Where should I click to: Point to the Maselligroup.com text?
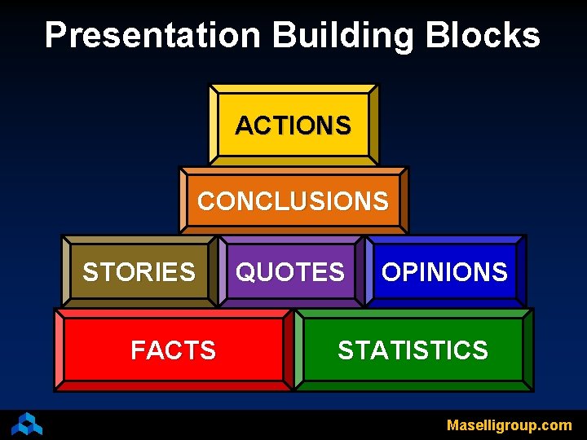[x=509, y=425]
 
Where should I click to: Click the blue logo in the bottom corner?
[x=27, y=424]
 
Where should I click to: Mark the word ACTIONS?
[x=293, y=125]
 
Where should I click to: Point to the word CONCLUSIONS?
[x=293, y=201]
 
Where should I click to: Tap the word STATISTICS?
[x=413, y=350]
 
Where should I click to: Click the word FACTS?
[x=173, y=350]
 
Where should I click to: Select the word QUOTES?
[x=290, y=271]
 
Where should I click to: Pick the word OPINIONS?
[x=444, y=271]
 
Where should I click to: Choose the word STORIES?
[x=139, y=271]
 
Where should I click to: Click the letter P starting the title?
[x=55, y=36]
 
